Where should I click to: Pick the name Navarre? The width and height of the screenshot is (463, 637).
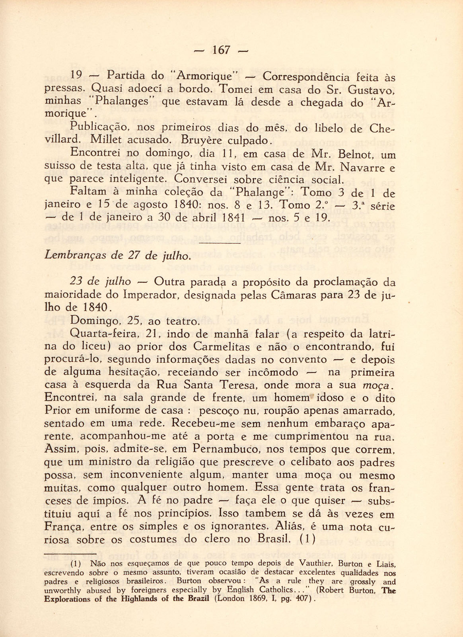point(364,167)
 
